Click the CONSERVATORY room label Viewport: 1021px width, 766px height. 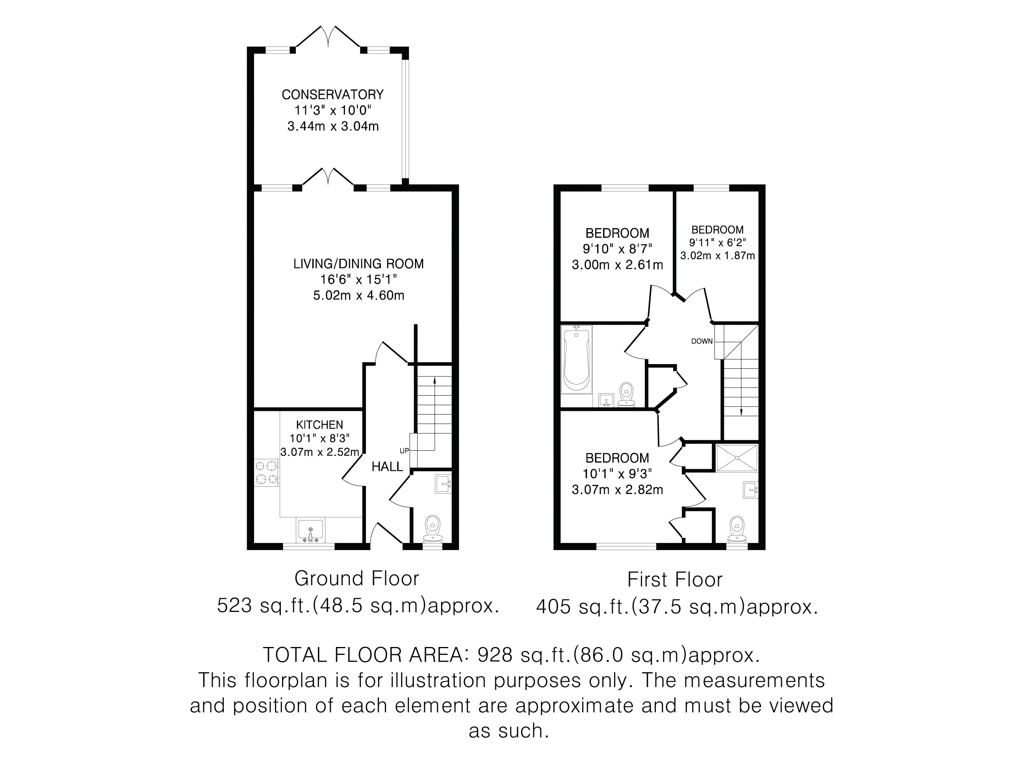[x=332, y=95]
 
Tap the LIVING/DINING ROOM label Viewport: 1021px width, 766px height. [x=358, y=264]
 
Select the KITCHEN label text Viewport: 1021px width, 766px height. [x=319, y=425]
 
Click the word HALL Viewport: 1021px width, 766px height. [x=387, y=467]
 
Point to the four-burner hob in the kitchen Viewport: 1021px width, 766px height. [x=266, y=473]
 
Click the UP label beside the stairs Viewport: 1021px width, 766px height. [x=404, y=451]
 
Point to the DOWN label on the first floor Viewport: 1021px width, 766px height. [x=702, y=342]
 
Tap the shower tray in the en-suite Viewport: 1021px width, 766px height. [x=737, y=458]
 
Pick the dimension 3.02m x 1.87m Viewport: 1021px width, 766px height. [x=717, y=256]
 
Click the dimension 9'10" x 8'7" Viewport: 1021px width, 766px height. [x=617, y=249]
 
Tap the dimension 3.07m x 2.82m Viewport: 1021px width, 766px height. [x=617, y=490]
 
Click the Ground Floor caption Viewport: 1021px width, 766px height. [x=357, y=579]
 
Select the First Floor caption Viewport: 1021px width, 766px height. [x=675, y=580]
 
